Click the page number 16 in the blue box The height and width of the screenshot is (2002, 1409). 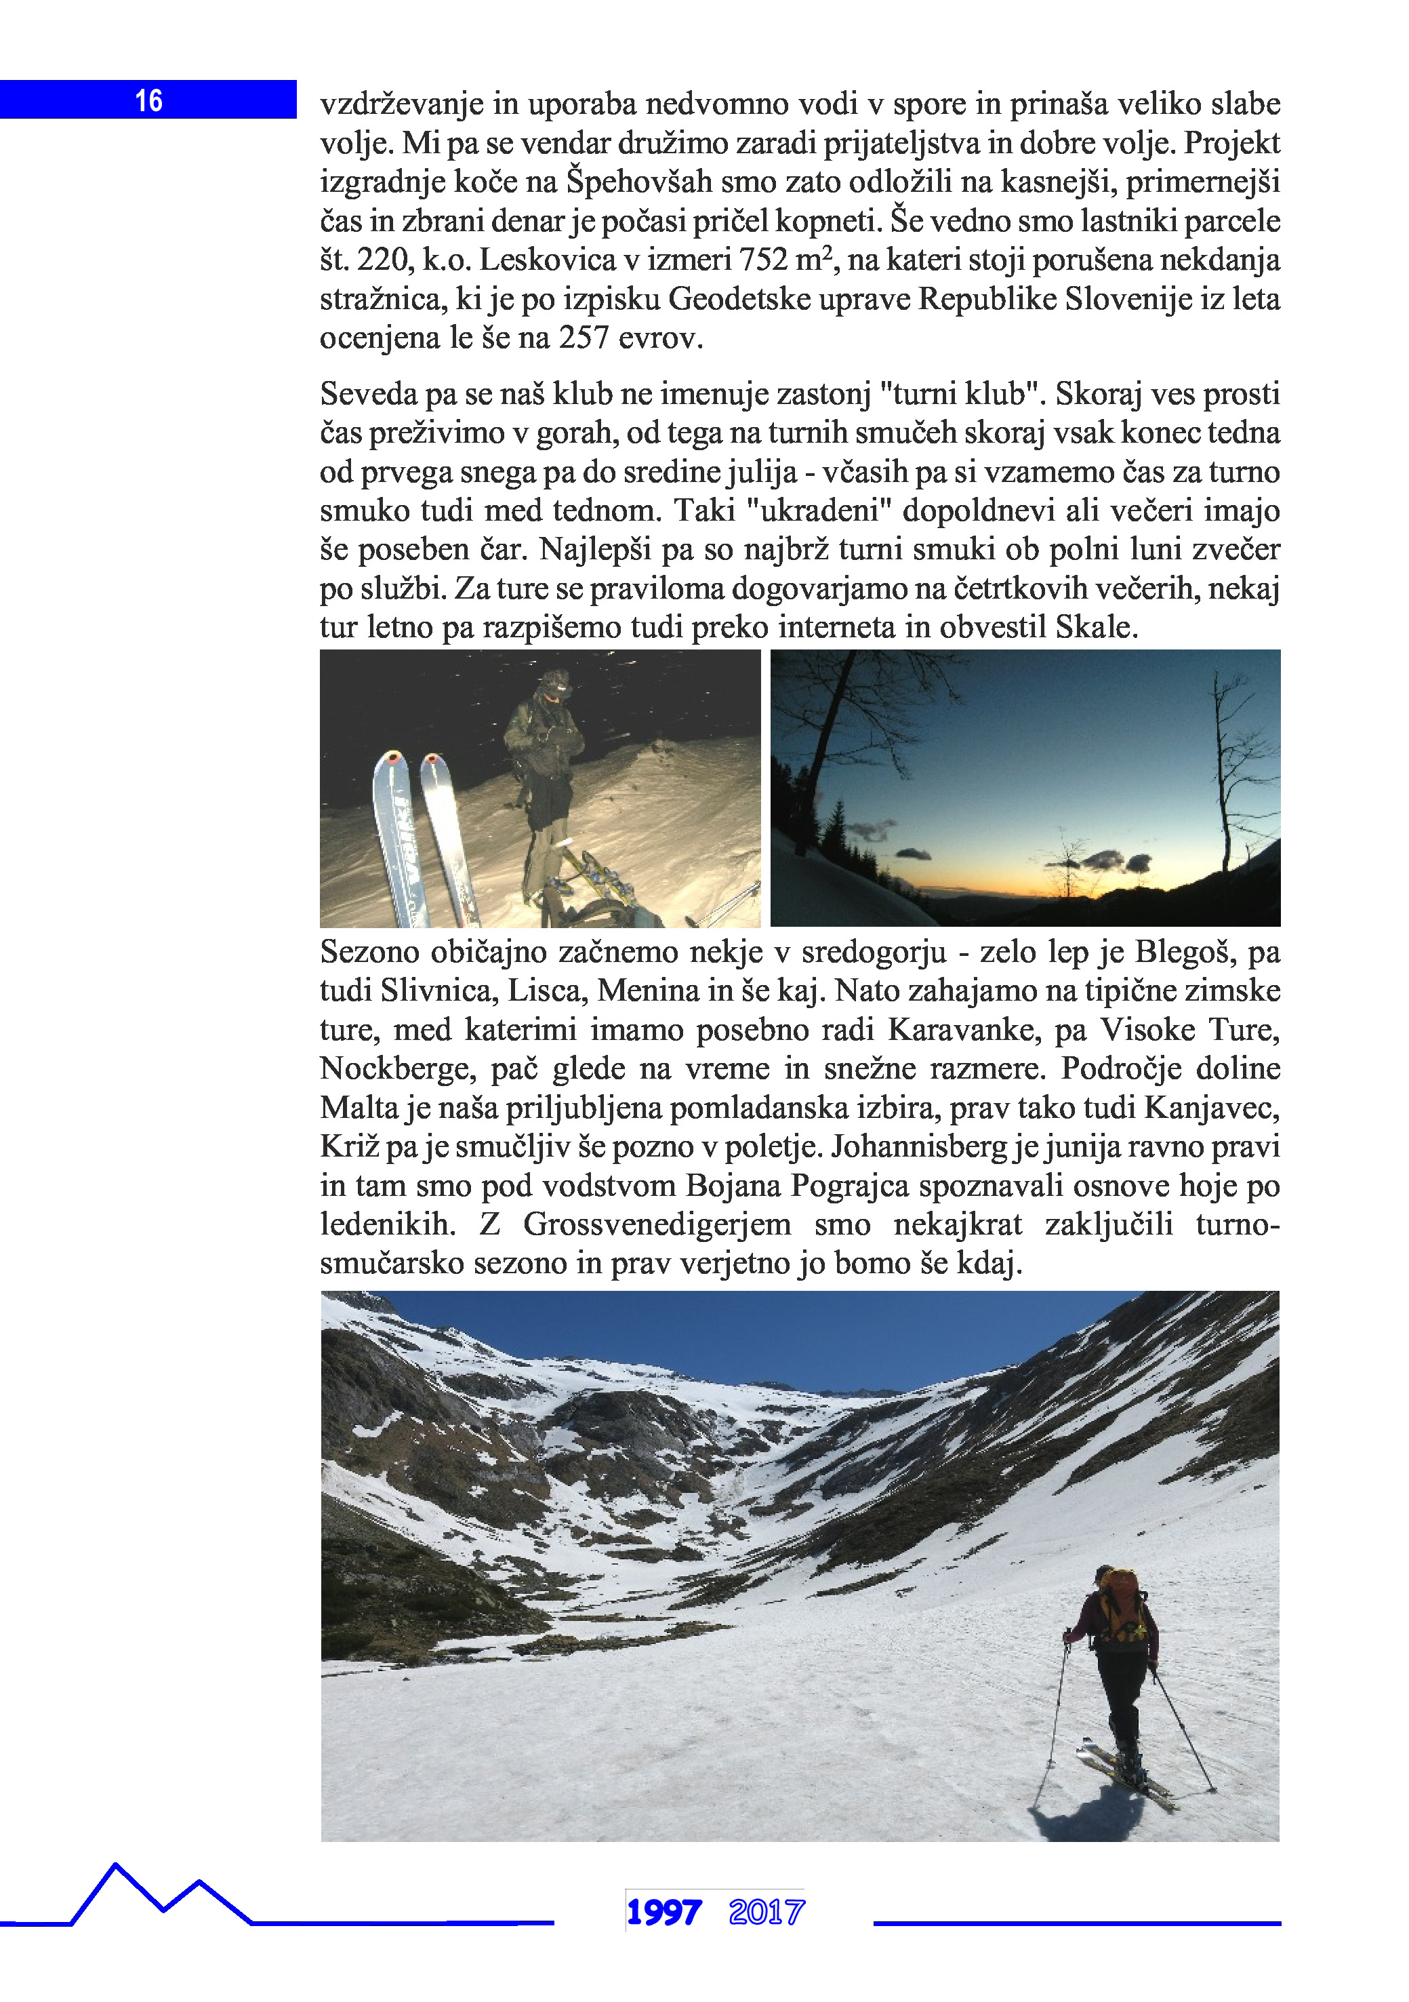coord(149,100)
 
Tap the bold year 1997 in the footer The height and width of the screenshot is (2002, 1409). coord(663,1913)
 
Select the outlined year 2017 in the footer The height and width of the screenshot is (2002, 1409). coord(767,1913)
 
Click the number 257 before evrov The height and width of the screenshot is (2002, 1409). coord(584,338)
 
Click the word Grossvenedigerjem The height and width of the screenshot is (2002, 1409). coord(657,1224)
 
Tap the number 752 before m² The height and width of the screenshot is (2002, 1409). coord(764,260)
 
